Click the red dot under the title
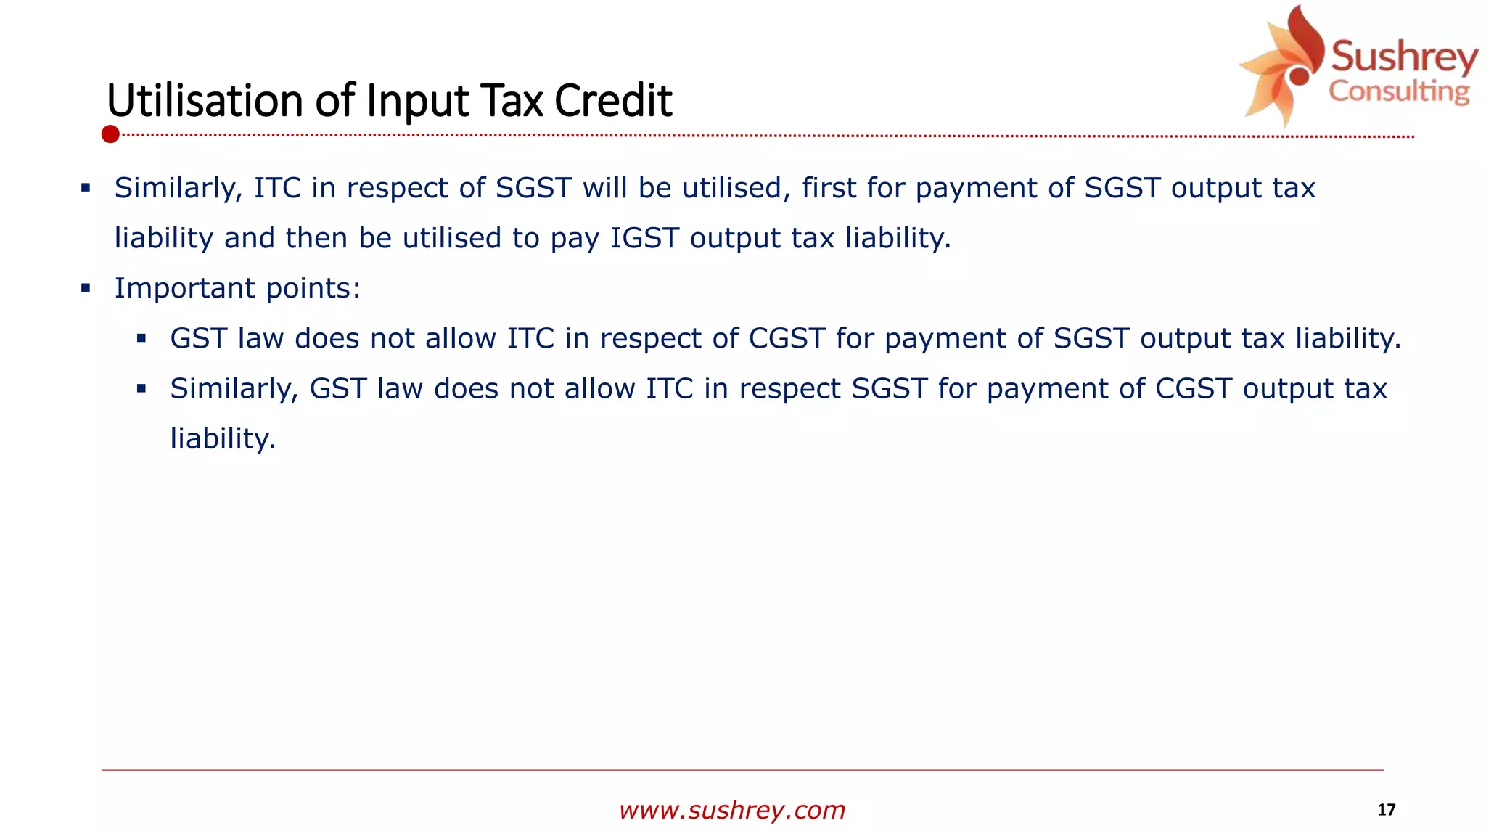110,134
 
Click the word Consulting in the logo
1399,91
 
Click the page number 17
1386,810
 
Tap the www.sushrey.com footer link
732,810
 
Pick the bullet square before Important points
86,288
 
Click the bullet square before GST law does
141,338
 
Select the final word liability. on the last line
223,439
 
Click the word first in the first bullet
829,188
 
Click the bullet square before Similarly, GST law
141,388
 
